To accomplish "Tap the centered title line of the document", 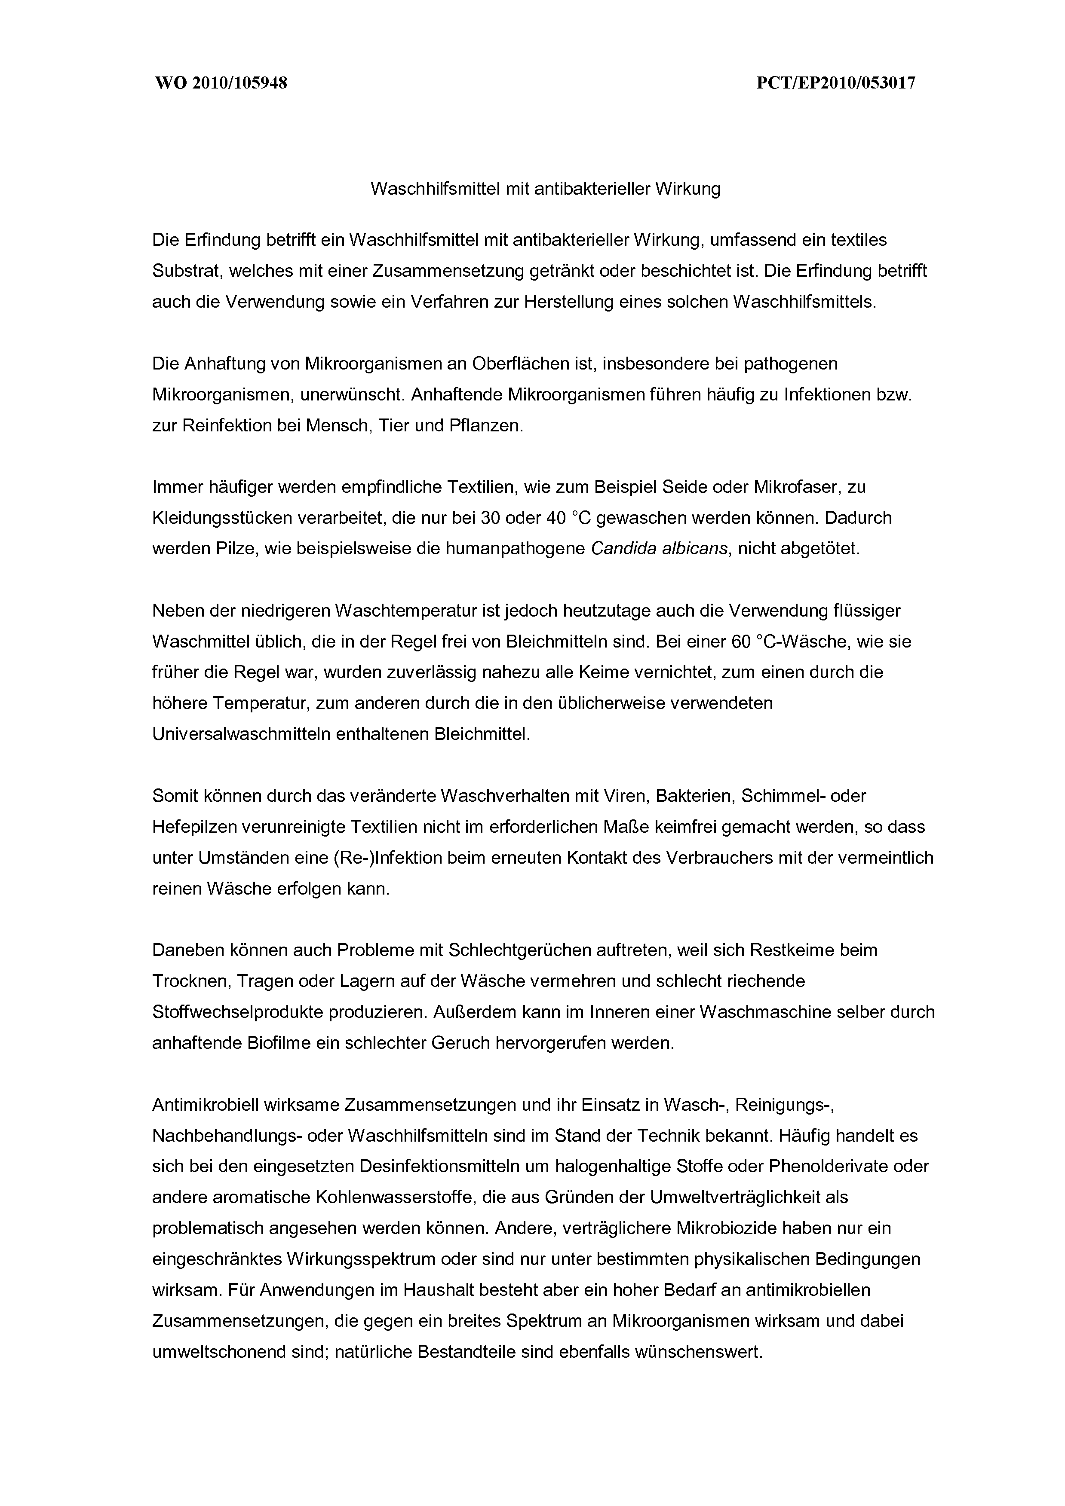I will (545, 189).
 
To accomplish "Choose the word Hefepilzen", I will (194, 826).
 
